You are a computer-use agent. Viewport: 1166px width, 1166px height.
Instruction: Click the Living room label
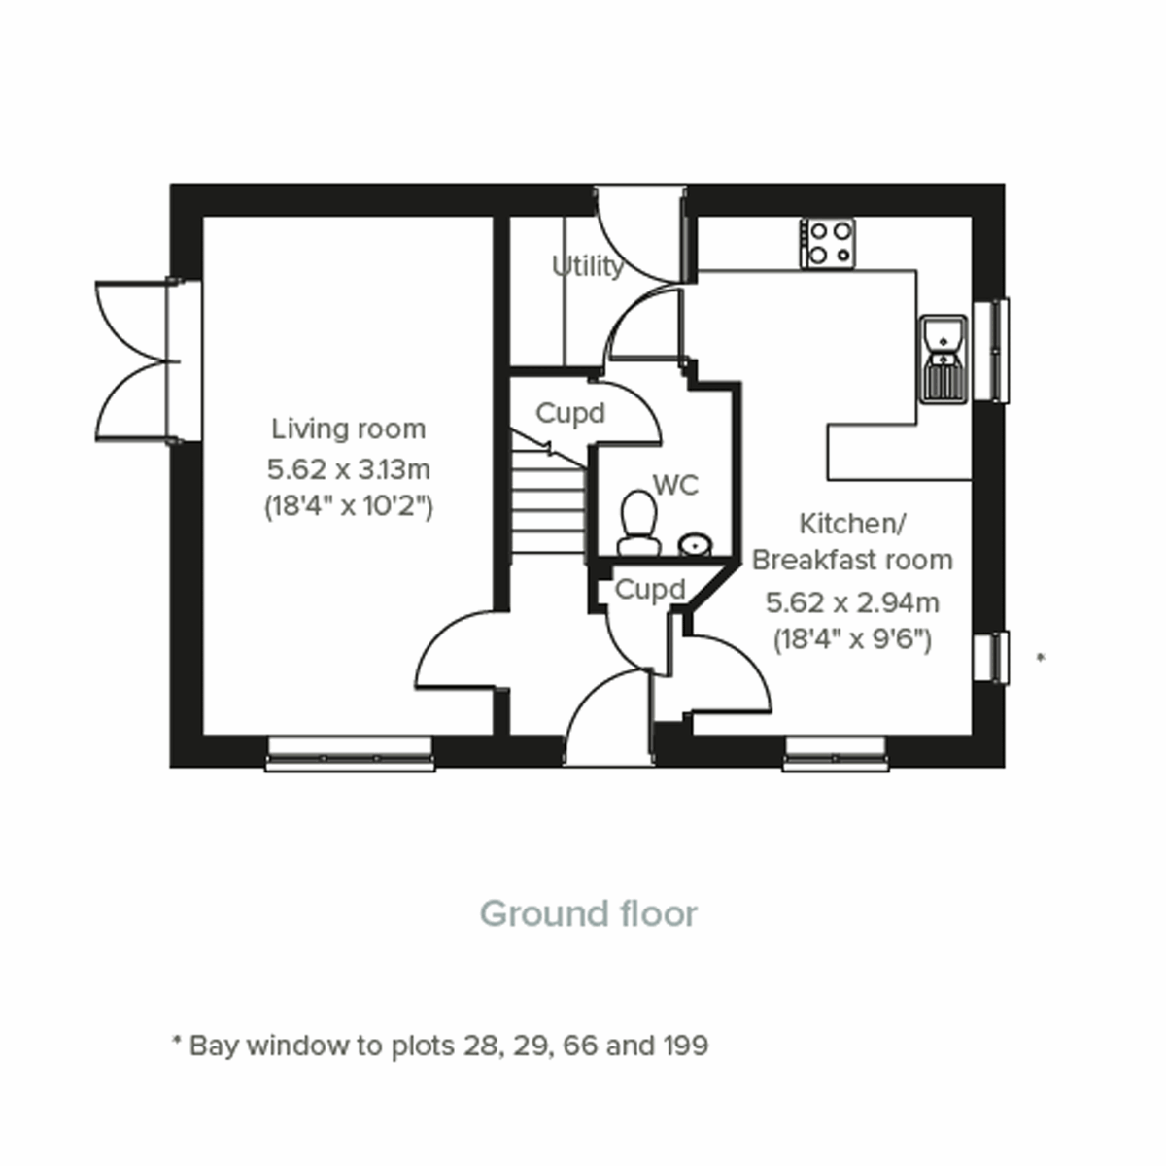(x=348, y=429)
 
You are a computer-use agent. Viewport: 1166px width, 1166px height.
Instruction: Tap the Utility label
(x=587, y=266)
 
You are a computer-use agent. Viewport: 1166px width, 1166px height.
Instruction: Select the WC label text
(x=675, y=485)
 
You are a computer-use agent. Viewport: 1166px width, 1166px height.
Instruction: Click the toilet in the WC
(x=638, y=523)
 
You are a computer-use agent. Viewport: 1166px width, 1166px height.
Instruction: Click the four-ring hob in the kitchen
(x=828, y=243)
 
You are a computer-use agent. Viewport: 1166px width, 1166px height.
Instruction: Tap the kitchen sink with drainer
(x=943, y=358)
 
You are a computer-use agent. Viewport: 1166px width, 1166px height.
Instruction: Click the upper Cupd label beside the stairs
(x=570, y=414)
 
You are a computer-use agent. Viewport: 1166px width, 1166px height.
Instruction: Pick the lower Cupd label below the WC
(x=650, y=590)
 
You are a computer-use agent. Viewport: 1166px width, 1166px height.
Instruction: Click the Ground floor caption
(x=589, y=914)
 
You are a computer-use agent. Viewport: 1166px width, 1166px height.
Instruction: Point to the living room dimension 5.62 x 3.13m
(x=348, y=469)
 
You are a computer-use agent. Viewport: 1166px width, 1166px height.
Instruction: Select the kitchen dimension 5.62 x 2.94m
(x=852, y=603)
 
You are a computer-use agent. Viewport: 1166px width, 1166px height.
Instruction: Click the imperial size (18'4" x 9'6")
(x=852, y=640)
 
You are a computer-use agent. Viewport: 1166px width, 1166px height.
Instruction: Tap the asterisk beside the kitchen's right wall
(x=1041, y=659)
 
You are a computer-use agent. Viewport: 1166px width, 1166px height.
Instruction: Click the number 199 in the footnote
(x=685, y=1046)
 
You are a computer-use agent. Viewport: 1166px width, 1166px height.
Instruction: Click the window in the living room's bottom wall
(x=350, y=754)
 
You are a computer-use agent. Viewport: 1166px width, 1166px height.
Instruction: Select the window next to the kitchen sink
(x=991, y=350)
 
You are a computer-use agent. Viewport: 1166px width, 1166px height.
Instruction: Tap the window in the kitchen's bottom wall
(x=836, y=754)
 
